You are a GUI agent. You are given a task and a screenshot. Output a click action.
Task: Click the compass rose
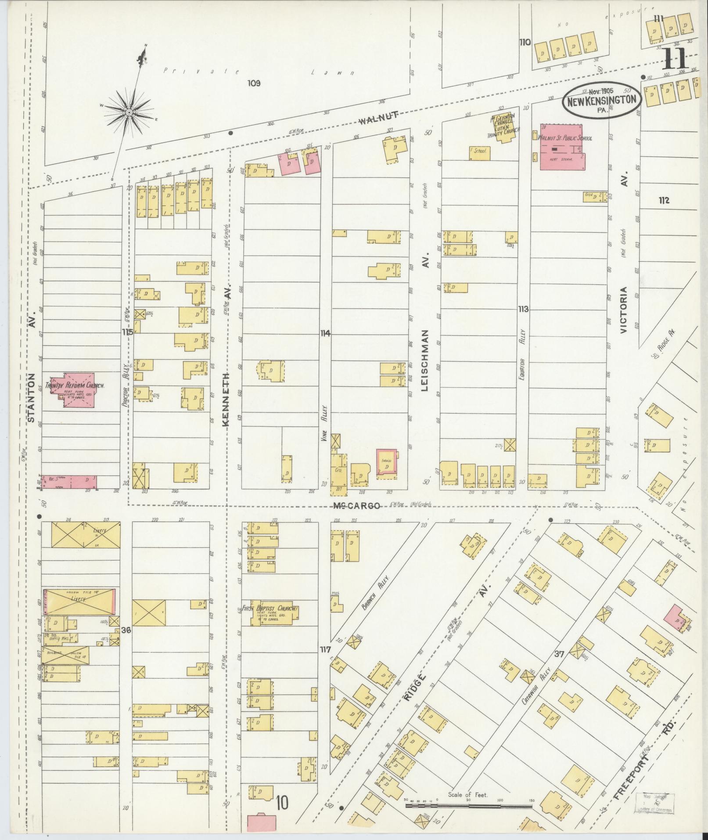coord(129,112)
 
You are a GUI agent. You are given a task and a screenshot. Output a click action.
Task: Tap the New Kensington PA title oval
coord(602,100)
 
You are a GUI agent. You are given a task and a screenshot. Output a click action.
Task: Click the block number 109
coord(254,83)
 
